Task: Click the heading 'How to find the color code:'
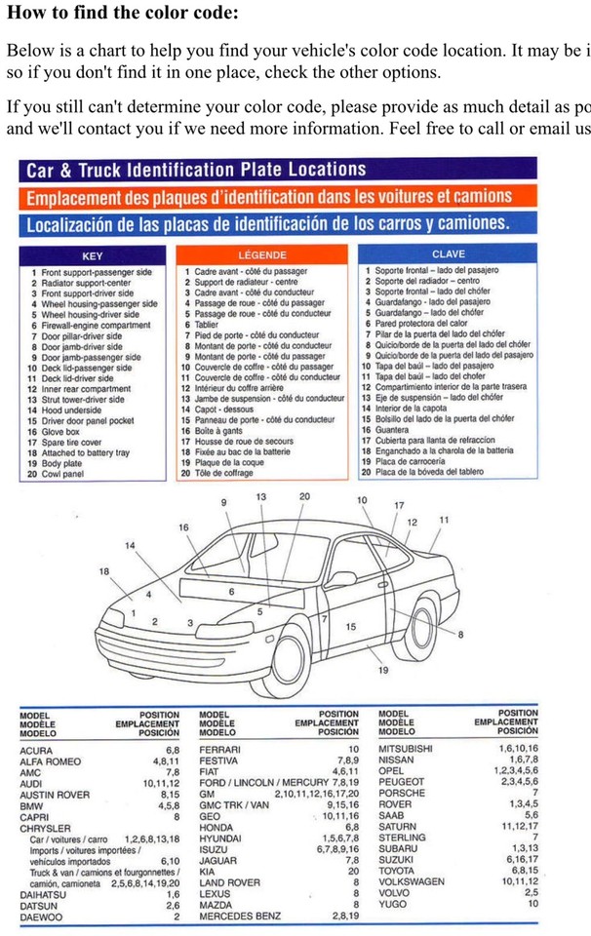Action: pos(122,14)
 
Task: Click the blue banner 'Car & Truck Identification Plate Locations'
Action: pos(196,171)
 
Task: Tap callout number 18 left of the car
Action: pos(104,571)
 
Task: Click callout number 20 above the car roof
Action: pos(304,497)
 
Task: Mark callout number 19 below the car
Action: pos(382,671)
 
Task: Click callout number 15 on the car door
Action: pos(350,627)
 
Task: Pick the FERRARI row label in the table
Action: pos(220,749)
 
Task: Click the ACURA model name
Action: pos(37,749)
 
